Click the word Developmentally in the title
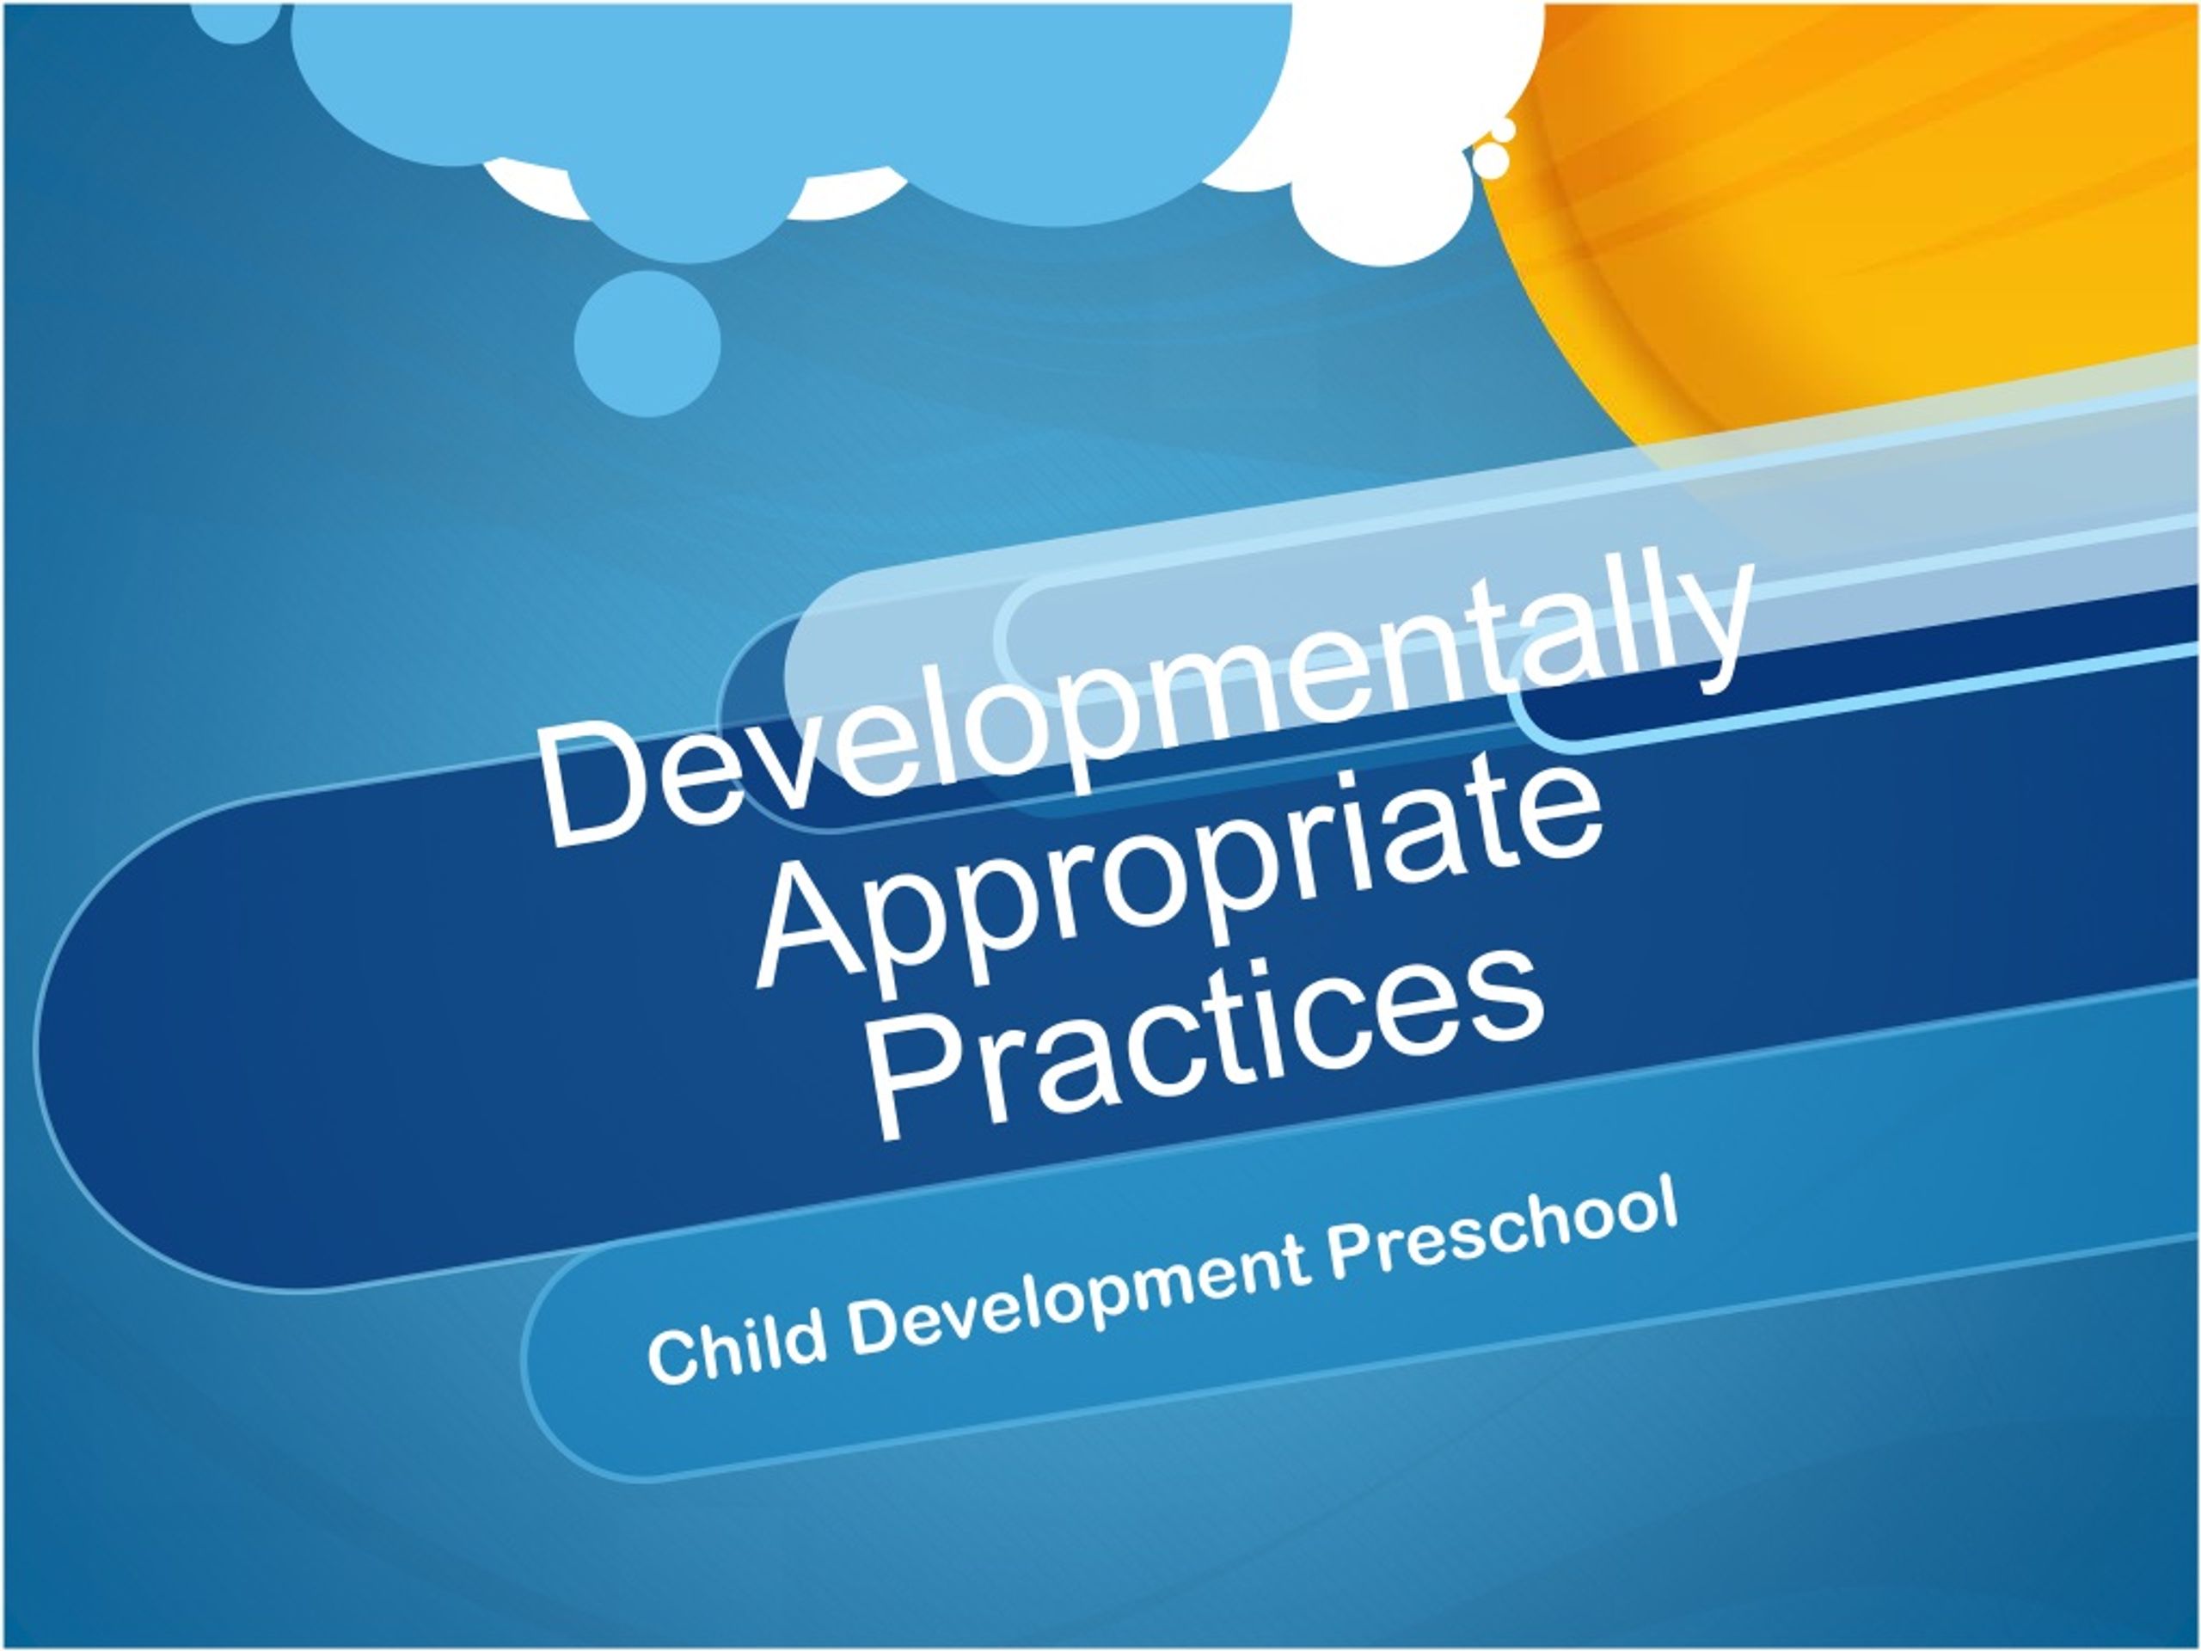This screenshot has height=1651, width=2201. (x=1144, y=707)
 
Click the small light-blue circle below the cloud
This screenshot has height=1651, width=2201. (x=647, y=343)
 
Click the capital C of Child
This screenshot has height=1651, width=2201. (x=672, y=1359)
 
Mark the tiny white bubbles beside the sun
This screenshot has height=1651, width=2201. (x=1493, y=150)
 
